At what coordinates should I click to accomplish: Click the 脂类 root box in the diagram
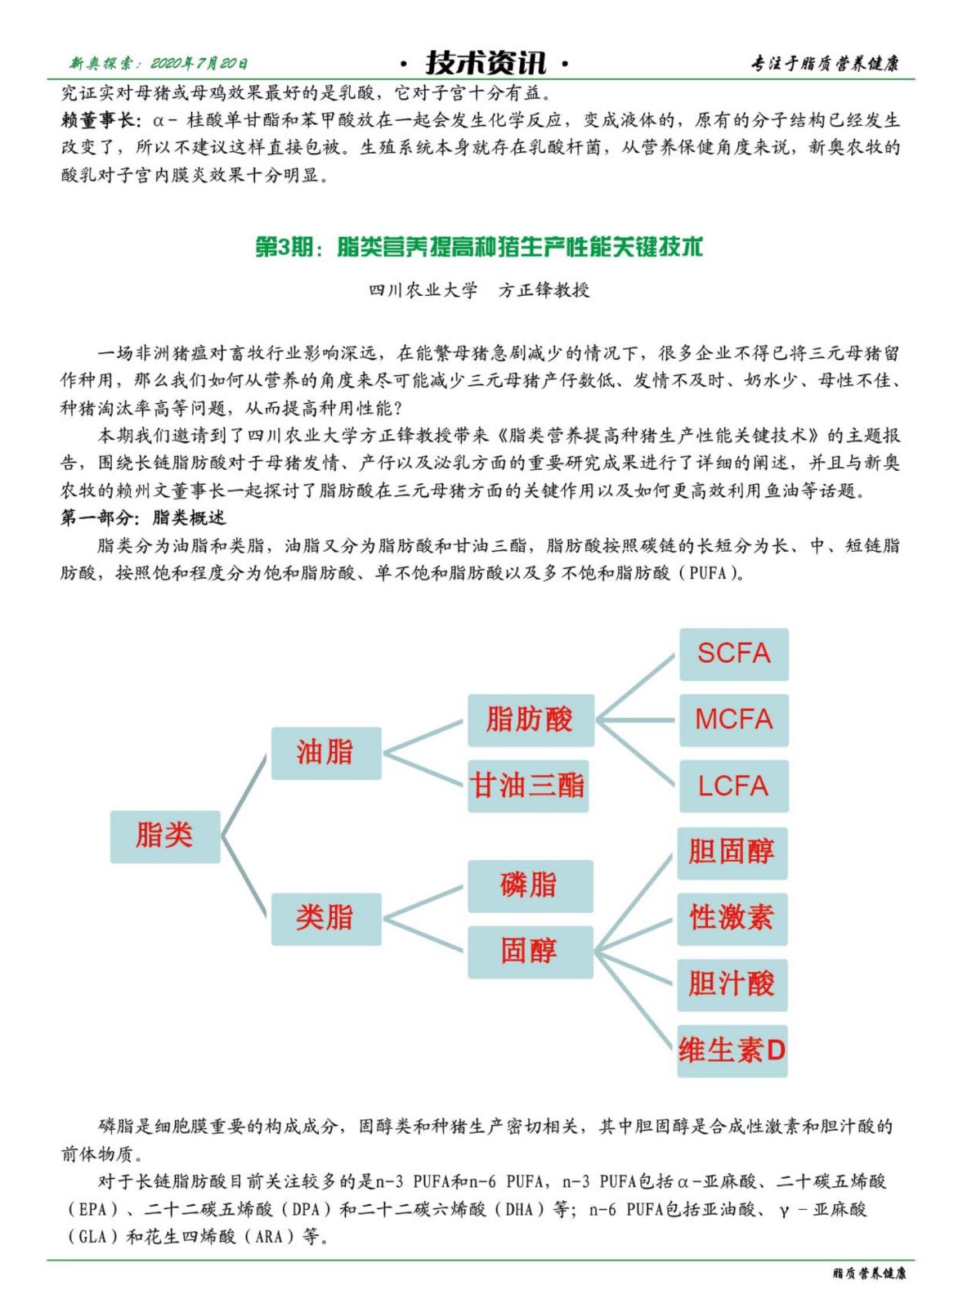click(x=165, y=836)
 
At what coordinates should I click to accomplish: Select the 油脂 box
click(x=325, y=753)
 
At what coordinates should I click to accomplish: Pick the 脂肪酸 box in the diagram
click(x=530, y=720)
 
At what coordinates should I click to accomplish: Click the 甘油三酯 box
click(x=528, y=786)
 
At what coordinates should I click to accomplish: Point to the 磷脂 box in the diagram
click(x=530, y=885)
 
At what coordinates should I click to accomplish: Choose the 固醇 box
click(x=530, y=952)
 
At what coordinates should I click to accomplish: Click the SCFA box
click(x=733, y=654)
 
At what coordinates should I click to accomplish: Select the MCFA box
click(x=733, y=720)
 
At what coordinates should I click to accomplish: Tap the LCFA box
click(x=733, y=786)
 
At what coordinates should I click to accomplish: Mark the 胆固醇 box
click(x=732, y=853)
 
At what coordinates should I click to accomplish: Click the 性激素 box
click(x=732, y=918)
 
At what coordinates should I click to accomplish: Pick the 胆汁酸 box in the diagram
click(x=732, y=984)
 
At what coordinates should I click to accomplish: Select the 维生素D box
click(x=732, y=1050)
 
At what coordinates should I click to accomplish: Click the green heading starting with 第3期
click(x=479, y=247)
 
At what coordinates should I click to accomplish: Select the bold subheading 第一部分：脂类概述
click(x=143, y=517)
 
